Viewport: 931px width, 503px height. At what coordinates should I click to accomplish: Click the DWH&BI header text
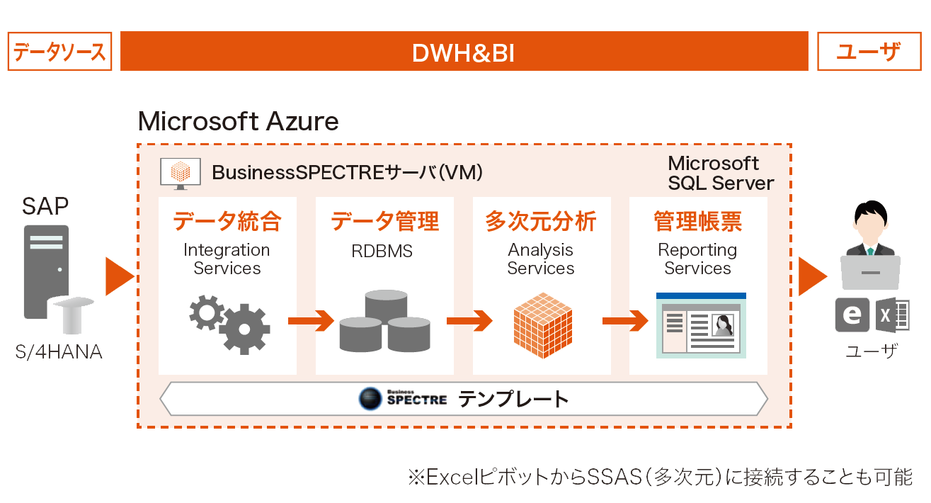click(464, 53)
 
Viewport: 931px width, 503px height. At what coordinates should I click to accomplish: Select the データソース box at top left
click(60, 52)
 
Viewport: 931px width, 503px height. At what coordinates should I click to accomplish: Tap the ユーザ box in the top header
click(869, 52)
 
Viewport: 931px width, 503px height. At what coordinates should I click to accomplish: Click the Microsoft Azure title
click(238, 121)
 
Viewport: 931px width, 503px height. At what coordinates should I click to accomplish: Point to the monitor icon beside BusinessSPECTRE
click(181, 174)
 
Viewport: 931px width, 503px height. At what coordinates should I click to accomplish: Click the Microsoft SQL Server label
click(721, 173)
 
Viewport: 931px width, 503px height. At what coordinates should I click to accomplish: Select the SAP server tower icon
click(47, 272)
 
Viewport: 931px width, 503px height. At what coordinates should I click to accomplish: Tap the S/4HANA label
click(59, 352)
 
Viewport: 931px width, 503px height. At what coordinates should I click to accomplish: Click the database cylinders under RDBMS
click(385, 321)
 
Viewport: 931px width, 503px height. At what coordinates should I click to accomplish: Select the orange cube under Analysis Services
click(543, 325)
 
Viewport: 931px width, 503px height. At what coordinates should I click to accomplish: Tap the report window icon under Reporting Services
click(701, 325)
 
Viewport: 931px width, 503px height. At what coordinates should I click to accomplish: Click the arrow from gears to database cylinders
click(312, 321)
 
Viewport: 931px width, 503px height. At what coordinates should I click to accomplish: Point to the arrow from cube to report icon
click(626, 321)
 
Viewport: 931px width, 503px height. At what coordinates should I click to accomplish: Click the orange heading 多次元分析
click(541, 221)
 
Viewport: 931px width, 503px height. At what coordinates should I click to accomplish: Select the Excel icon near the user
click(893, 315)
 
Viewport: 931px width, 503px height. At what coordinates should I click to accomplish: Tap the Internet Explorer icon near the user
click(852, 315)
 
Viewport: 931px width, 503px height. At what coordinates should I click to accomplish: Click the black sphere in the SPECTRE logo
click(370, 399)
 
